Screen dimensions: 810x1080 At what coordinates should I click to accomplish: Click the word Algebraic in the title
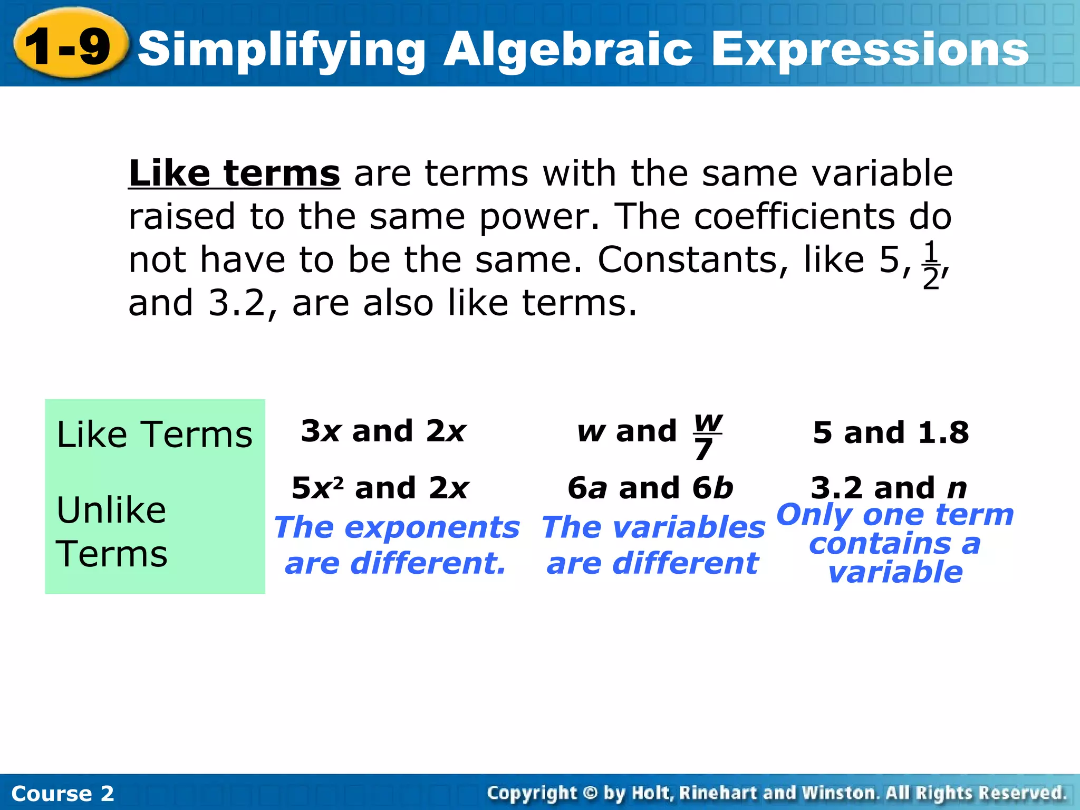tap(567, 50)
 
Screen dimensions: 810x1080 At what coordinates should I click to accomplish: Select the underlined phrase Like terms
tap(234, 173)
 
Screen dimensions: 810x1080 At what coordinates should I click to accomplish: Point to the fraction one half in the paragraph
tap(931, 264)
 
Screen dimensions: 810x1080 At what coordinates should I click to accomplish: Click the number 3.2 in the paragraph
tap(236, 303)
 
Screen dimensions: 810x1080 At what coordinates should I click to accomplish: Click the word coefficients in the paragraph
tap(794, 217)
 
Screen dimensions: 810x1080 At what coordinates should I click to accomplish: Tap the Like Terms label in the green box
tap(154, 435)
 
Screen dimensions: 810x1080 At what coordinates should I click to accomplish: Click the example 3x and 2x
tap(383, 431)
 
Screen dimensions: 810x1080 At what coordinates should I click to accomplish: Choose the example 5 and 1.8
tap(891, 433)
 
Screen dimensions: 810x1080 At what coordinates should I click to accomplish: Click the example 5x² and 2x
tap(380, 488)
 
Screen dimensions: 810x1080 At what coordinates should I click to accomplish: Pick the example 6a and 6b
tap(650, 488)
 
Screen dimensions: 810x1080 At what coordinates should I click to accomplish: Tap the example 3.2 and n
tap(889, 488)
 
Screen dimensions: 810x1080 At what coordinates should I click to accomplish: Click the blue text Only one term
tap(895, 515)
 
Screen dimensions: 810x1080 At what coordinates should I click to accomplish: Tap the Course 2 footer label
tap(62, 794)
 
